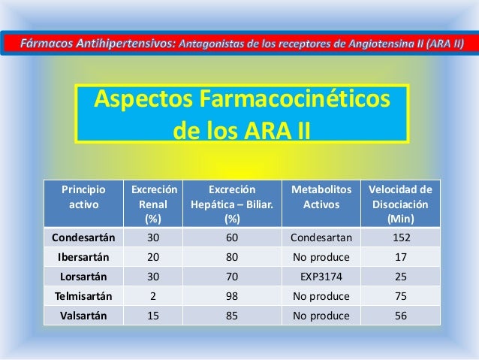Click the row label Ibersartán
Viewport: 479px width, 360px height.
coord(83,258)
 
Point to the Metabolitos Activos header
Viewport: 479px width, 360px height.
coord(321,198)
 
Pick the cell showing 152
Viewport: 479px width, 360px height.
coord(400,239)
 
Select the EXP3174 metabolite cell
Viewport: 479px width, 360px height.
coord(321,277)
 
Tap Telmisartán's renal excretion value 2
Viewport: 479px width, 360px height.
coord(153,295)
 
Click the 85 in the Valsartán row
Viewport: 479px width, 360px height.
coord(232,315)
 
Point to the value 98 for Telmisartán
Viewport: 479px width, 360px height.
coord(232,295)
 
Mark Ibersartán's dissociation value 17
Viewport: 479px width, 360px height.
coord(400,258)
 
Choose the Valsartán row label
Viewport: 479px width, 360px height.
coord(83,315)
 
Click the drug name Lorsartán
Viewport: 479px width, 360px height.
coord(83,277)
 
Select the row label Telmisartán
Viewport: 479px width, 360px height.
coord(83,295)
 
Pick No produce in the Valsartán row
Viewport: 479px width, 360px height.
coord(321,315)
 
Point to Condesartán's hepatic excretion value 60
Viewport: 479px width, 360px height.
coord(232,239)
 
